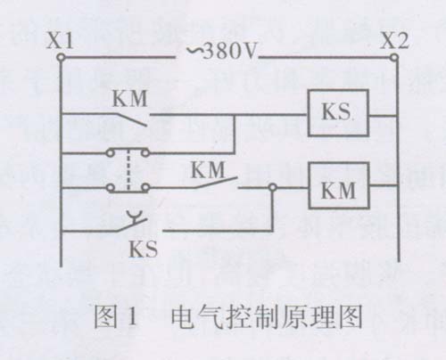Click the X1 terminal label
pos(60,41)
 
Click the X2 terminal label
pos(395,41)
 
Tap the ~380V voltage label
pos(221,51)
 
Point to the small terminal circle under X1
pos(61,57)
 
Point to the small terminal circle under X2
pos(394,57)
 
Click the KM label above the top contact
pos(130,98)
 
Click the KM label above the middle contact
pos(208,170)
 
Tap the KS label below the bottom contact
pos(143,249)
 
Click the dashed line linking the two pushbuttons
pos(128,170)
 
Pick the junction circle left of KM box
pos(273,187)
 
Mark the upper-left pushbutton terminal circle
pos(110,153)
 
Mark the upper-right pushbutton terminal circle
pos(145,153)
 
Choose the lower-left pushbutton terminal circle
pos(110,188)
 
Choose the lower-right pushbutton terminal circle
pos(145,188)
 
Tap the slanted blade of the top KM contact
pos(131,119)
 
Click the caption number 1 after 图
pos(132,317)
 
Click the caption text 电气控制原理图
pos(267,317)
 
